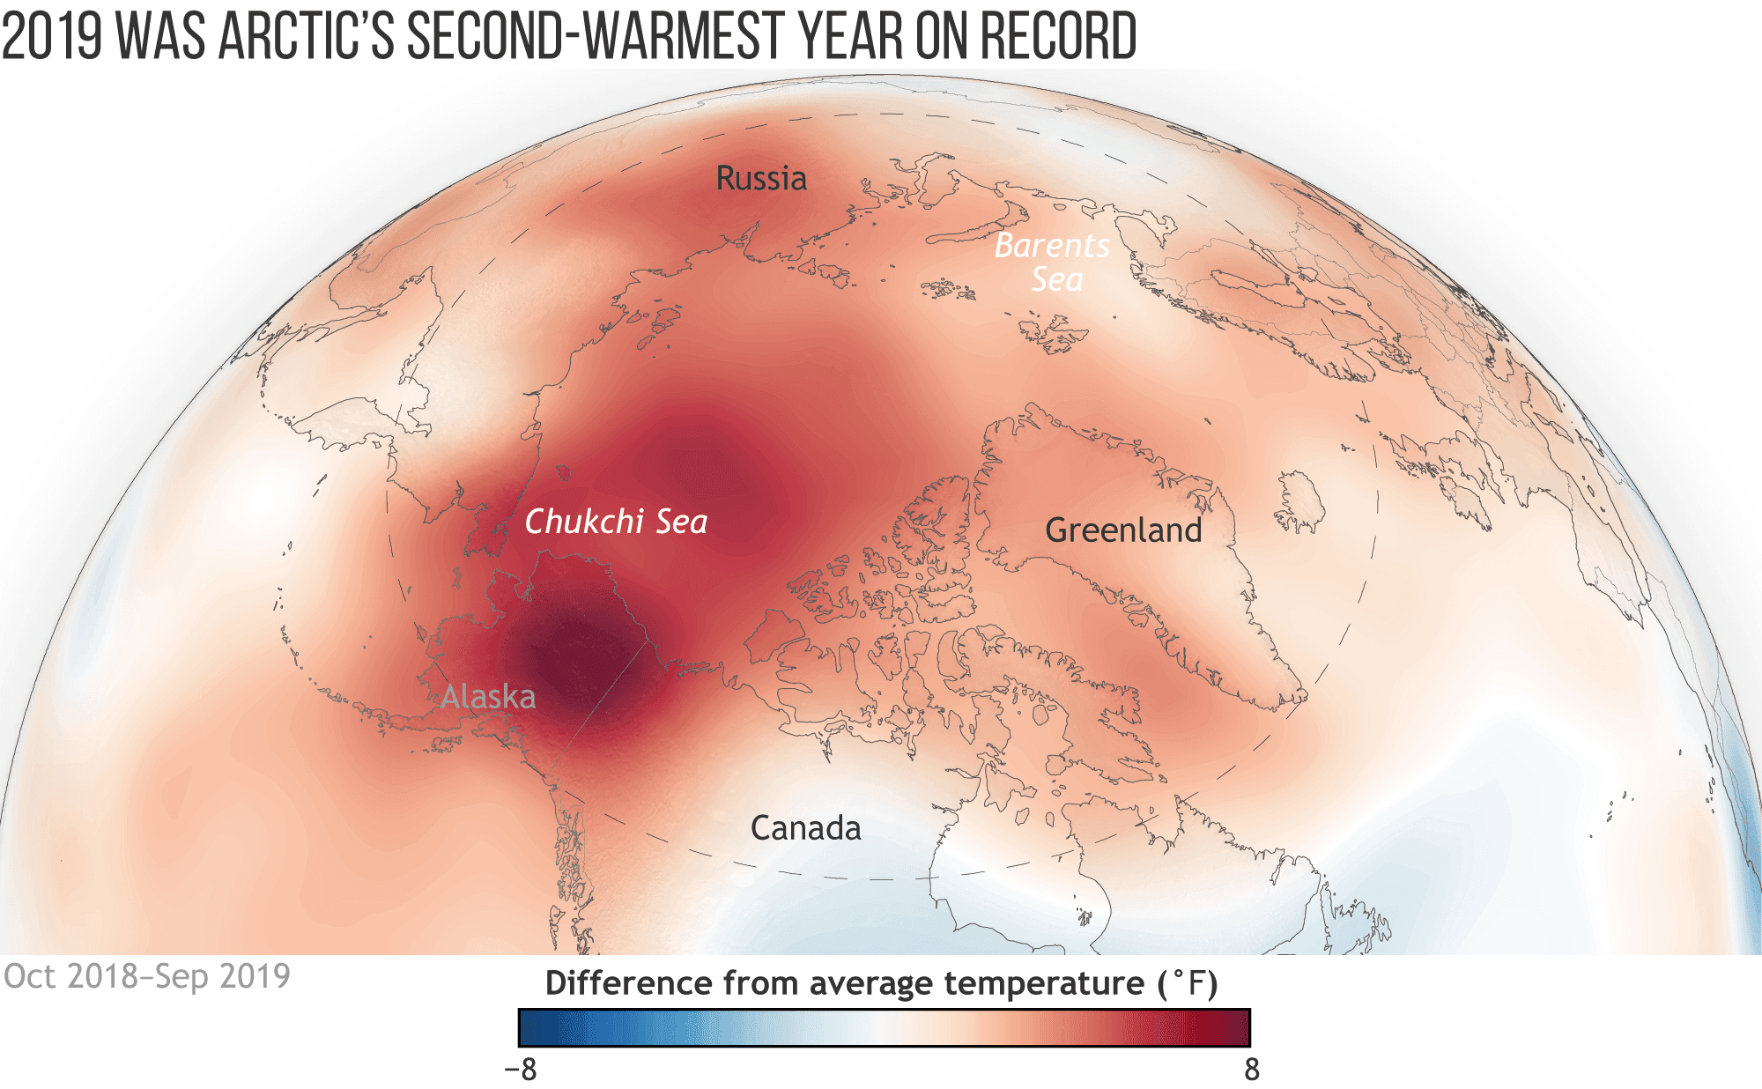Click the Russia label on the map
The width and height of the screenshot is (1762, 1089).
pos(761,179)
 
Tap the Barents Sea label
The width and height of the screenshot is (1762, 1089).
pos(1053,262)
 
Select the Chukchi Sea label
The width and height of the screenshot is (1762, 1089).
pos(616,522)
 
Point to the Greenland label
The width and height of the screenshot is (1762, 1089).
pos(1123,530)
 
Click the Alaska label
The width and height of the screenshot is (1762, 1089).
pos(487,697)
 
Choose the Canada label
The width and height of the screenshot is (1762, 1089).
pos(805,828)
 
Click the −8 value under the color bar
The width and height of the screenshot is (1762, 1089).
pos(520,1070)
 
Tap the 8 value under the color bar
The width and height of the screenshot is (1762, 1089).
pos(1251,1070)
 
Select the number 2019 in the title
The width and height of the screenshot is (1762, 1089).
pos(52,37)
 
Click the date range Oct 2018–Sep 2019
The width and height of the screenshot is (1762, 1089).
pos(147,976)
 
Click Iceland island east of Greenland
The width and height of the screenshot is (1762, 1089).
pos(1300,502)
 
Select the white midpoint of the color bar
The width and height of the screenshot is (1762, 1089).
pos(884,1027)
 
